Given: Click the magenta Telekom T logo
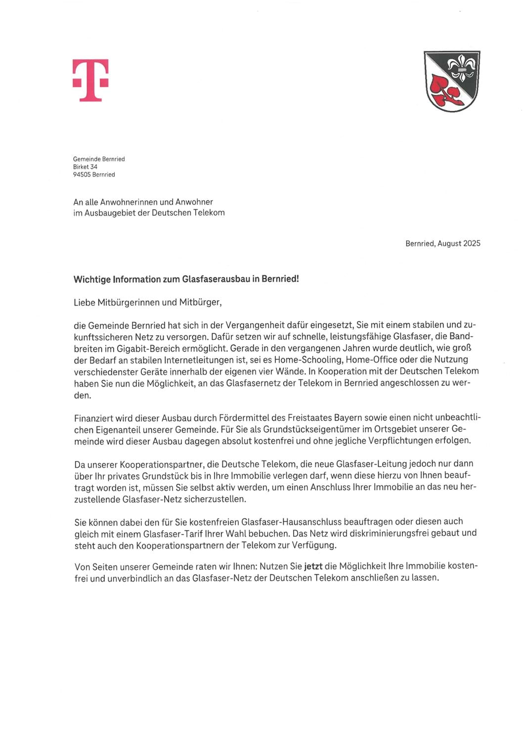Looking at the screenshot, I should click(x=90, y=80).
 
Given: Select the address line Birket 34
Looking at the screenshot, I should click(x=85, y=167).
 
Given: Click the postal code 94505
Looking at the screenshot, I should click(x=82, y=175).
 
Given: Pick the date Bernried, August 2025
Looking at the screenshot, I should click(x=442, y=243).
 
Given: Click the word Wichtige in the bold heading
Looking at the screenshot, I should click(x=92, y=279).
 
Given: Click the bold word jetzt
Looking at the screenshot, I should click(x=313, y=566).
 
